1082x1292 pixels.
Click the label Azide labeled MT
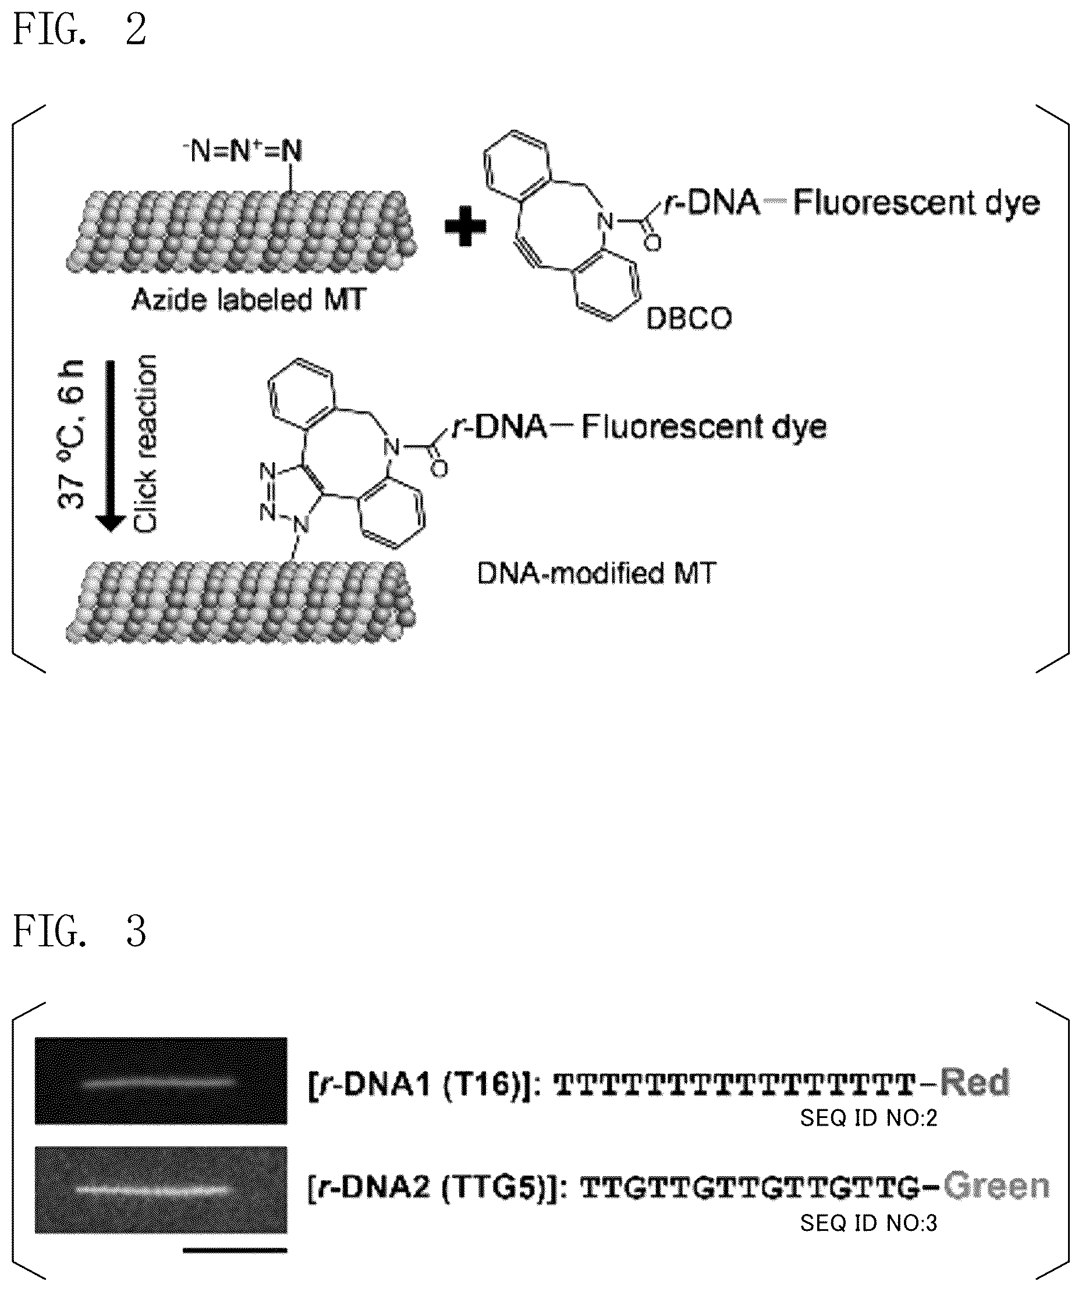[x=249, y=301]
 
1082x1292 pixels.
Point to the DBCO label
[x=689, y=319]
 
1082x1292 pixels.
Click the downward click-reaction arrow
[x=111, y=446]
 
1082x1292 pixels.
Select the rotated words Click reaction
[x=146, y=443]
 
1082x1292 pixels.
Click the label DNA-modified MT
[x=597, y=574]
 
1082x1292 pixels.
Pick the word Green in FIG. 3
[x=996, y=1186]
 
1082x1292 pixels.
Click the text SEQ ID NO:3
[x=868, y=1224]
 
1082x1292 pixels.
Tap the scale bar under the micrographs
[x=235, y=1250]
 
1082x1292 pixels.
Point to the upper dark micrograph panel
[x=161, y=1081]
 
